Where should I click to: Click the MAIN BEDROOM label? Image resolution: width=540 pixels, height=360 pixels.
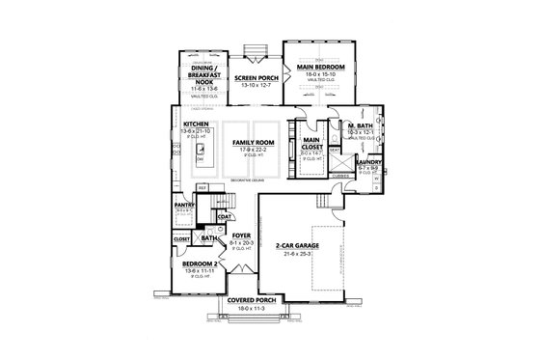click(323, 65)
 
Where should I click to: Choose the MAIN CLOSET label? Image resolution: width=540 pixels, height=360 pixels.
click(313, 142)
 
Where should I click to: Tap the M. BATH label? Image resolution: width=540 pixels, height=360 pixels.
click(361, 126)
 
